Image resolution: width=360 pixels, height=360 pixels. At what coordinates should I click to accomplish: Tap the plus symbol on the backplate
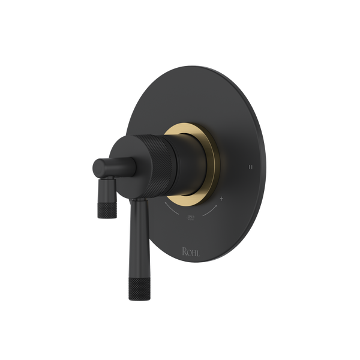pyautogui.click(x=222, y=198)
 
